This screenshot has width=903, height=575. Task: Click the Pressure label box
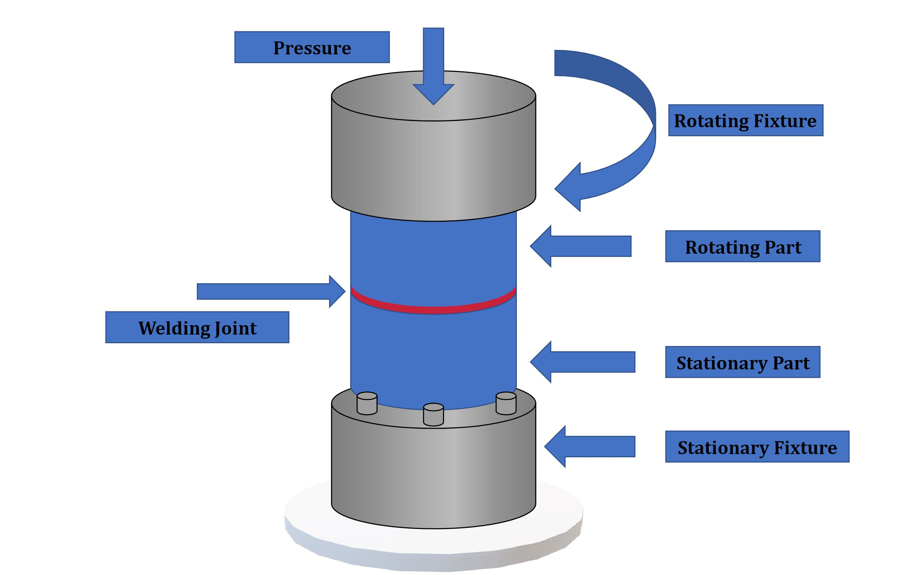[x=312, y=47]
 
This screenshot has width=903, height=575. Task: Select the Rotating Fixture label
[x=745, y=120]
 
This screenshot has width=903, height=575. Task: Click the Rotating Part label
[x=742, y=246]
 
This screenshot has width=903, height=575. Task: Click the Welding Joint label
[x=197, y=328]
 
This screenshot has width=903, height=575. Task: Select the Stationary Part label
[x=742, y=362]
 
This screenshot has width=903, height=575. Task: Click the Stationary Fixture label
[x=757, y=447]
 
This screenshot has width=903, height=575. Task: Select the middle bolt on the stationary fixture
[x=434, y=414]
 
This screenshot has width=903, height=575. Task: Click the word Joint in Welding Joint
[x=230, y=328]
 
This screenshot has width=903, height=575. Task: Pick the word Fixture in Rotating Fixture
[x=785, y=121]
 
